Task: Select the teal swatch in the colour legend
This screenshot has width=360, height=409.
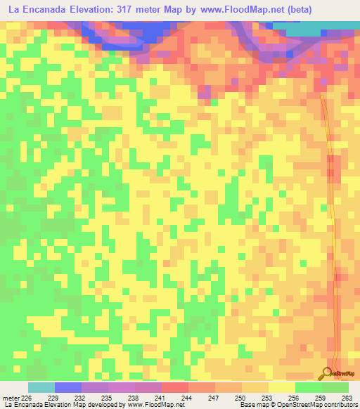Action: (x=41, y=387)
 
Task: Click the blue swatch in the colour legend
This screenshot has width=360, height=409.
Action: (x=68, y=387)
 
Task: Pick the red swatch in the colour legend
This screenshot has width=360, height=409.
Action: (x=175, y=387)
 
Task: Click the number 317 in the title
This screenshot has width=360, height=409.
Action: (x=125, y=10)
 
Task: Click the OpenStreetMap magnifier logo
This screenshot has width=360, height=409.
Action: (x=327, y=372)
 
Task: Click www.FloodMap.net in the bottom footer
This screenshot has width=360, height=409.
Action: (x=152, y=405)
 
